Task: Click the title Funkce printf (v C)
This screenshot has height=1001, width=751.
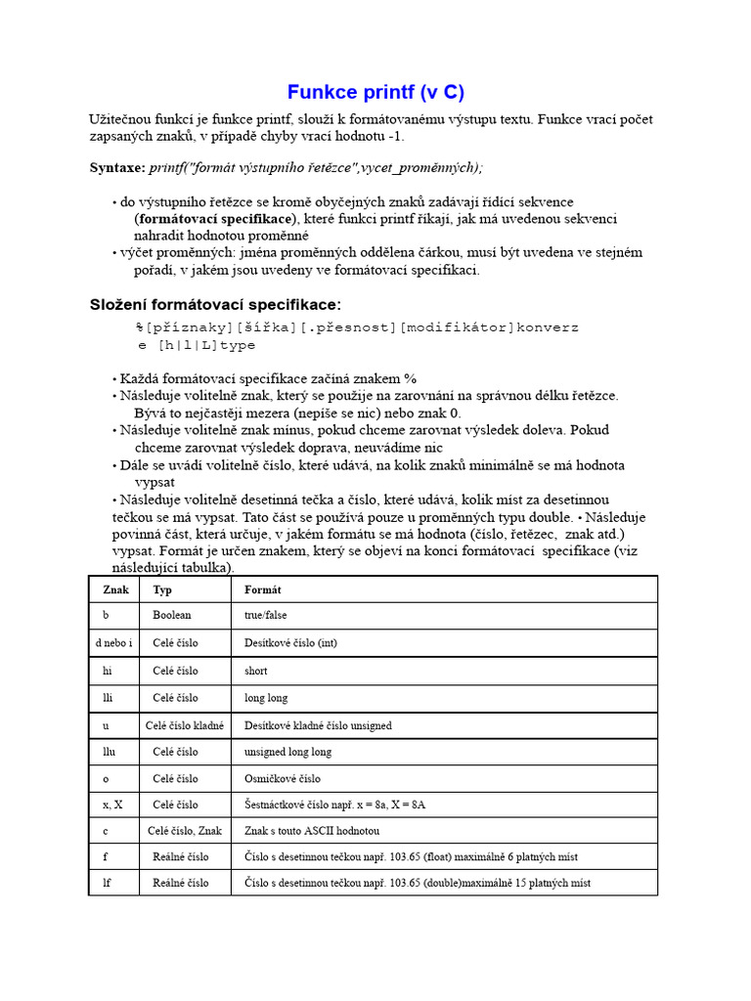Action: coord(375,93)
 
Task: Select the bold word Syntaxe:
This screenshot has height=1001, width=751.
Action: coord(117,168)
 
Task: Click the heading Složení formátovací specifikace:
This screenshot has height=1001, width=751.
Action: coord(216,305)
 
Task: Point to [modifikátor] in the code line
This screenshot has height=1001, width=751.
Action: coord(458,326)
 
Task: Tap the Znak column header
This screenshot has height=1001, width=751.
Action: coord(115,590)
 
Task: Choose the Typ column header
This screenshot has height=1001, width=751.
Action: coord(162,590)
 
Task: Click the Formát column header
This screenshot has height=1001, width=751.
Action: coord(263,590)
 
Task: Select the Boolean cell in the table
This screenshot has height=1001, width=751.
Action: coord(172,616)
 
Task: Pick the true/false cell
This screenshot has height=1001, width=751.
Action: coord(266,616)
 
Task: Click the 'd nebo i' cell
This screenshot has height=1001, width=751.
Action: coord(115,643)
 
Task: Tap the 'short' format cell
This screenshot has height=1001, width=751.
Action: coord(255,671)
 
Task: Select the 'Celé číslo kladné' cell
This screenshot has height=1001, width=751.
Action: coord(185,725)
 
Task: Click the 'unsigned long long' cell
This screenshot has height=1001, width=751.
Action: coord(287,752)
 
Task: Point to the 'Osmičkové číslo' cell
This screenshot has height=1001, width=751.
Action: coord(283,779)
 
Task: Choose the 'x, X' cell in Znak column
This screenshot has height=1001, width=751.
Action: coord(112,805)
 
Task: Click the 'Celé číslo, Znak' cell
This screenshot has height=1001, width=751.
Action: coord(185,831)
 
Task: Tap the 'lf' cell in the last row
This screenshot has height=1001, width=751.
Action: coord(107,883)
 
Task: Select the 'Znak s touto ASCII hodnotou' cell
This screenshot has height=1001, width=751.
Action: coord(311,831)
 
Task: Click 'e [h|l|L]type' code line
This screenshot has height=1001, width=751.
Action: coord(197,345)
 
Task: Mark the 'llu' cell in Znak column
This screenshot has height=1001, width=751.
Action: coord(109,752)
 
